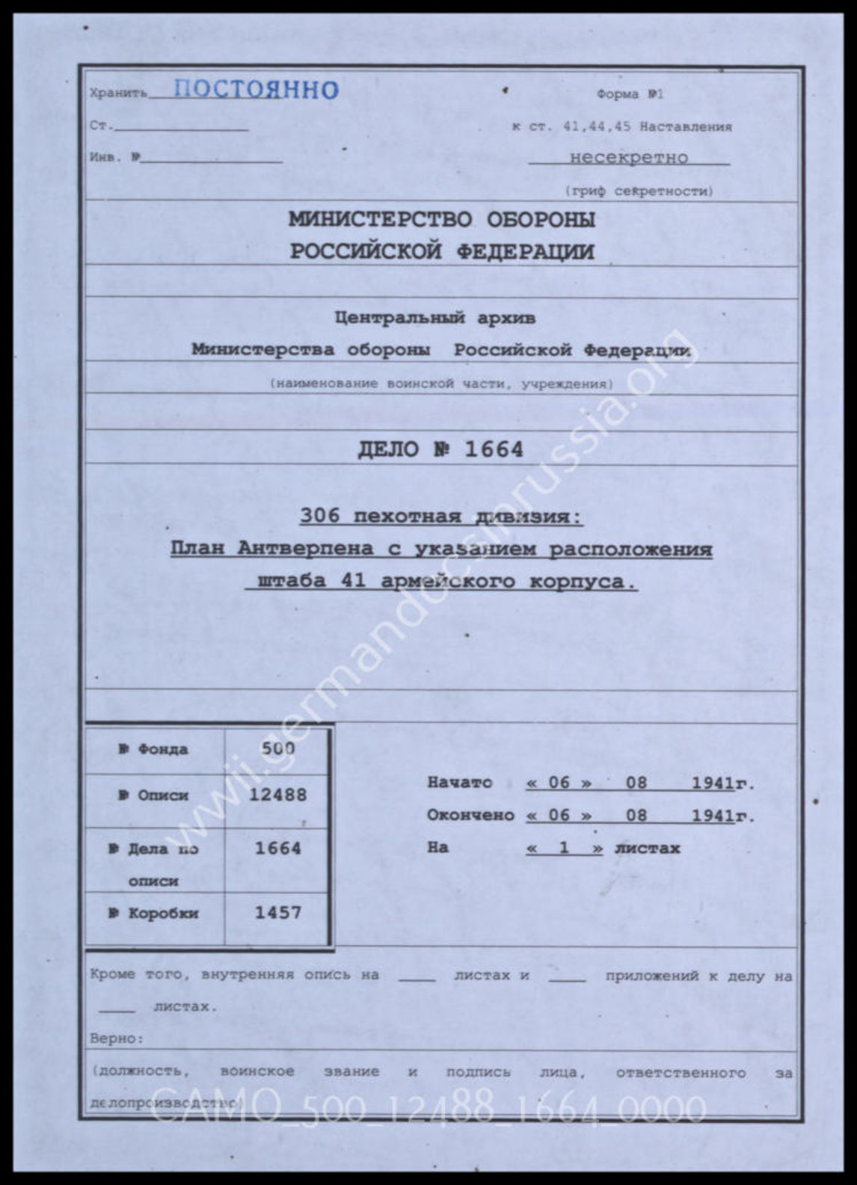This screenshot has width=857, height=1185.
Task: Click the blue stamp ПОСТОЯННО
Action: pyautogui.click(x=256, y=90)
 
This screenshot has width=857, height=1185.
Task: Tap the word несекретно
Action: pyautogui.click(x=628, y=158)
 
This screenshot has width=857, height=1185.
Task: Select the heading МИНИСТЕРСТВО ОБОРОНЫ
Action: pyautogui.click(x=442, y=220)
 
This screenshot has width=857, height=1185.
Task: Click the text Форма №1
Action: pyautogui.click(x=630, y=94)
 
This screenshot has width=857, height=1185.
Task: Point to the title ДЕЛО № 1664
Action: pyautogui.click(x=440, y=449)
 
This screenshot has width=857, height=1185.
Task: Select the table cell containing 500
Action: pyautogui.click(x=278, y=748)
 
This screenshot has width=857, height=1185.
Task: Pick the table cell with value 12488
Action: pyautogui.click(x=278, y=795)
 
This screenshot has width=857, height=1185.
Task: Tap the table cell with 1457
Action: pyautogui.click(x=278, y=912)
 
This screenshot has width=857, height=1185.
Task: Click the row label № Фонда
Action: pyautogui.click(x=154, y=749)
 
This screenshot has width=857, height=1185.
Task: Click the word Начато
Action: pyautogui.click(x=460, y=783)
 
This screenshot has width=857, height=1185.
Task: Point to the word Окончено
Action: pyautogui.click(x=470, y=815)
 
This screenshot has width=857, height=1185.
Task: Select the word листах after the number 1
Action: pyautogui.click(x=647, y=848)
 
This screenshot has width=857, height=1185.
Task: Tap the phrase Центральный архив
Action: pyautogui.click(x=435, y=318)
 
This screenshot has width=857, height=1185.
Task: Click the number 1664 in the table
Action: pyautogui.click(x=278, y=848)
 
